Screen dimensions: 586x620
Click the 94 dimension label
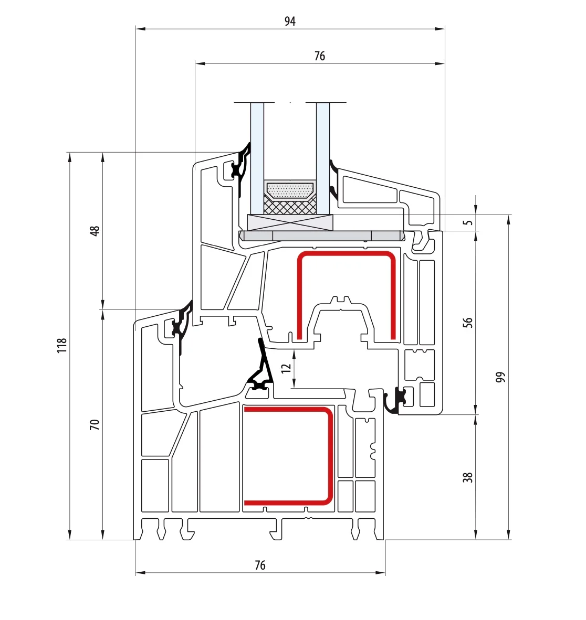[290, 22]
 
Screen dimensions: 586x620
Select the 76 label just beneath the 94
[320, 56]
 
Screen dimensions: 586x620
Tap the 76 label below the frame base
[260, 565]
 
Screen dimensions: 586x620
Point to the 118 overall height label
[62, 346]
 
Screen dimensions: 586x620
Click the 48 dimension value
[95, 231]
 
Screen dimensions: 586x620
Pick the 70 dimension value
[95, 425]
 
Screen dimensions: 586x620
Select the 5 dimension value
[468, 222]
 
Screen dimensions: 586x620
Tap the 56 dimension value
[468, 323]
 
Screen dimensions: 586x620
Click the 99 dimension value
[501, 377]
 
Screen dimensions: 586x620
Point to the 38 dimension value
[468, 478]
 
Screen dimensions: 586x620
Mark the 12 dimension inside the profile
[286, 368]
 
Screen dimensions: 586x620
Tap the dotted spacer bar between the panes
[290, 190]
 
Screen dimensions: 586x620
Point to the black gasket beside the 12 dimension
[261, 367]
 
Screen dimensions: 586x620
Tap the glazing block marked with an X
[290, 222]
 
